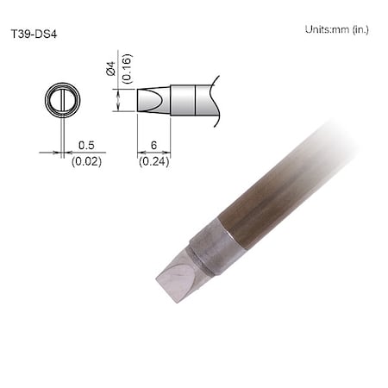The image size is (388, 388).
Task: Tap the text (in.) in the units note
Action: pyautogui.click(x=359, y=29)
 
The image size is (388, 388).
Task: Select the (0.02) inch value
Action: pyautogui.click(x=86, y=161)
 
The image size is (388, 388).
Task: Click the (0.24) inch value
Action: pyautogui.click(x=154, y=161)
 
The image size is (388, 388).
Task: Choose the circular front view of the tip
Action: pyautogui.click(x=62, y=99)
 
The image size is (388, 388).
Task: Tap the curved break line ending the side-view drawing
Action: pyautogui.click(x=216, y=99)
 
